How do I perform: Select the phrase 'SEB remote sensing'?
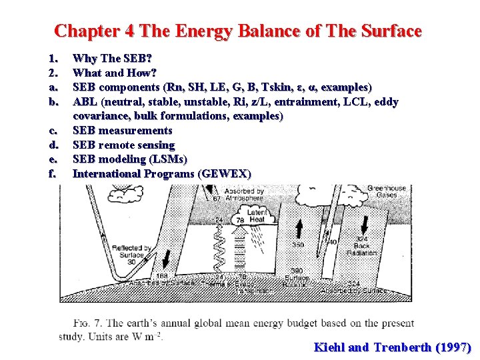coord(123,145)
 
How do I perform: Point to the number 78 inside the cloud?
coord(241,219)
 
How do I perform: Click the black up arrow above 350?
coord(300,227)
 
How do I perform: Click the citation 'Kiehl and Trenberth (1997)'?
coord(393,347)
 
